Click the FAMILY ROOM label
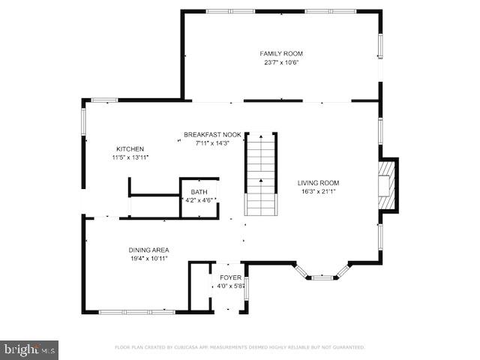281,53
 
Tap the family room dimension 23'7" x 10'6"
281,62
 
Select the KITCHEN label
130,148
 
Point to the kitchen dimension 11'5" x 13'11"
130,157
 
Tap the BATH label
199,191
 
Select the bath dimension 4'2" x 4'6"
199,199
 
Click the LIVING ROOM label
318,182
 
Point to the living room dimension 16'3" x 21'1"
318,191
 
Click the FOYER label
230,277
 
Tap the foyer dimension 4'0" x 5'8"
231,286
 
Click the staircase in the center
261,173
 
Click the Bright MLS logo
29,349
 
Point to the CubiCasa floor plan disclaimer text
239,347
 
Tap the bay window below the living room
324,274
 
